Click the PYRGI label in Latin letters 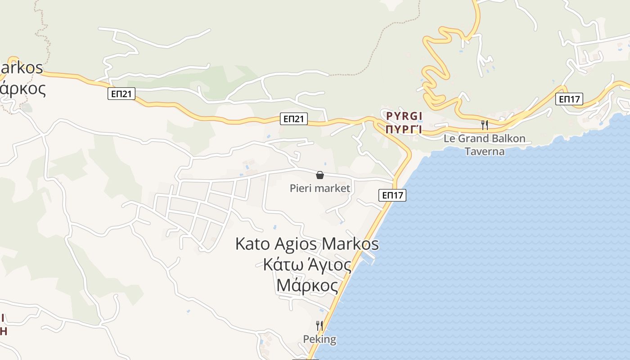[404, 116]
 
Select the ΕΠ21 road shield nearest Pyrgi [293, 119]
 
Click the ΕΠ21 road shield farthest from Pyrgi [121, 94]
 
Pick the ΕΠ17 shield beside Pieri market [392, 195]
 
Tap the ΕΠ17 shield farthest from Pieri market [569, 99]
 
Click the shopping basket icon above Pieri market [320, 175]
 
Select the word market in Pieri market [332, 188]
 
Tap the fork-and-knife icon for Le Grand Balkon [485, 125]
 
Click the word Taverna [485, 151]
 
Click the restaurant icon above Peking [319, 325]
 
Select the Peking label [319, 339]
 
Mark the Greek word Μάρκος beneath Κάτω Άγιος [307, 285]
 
